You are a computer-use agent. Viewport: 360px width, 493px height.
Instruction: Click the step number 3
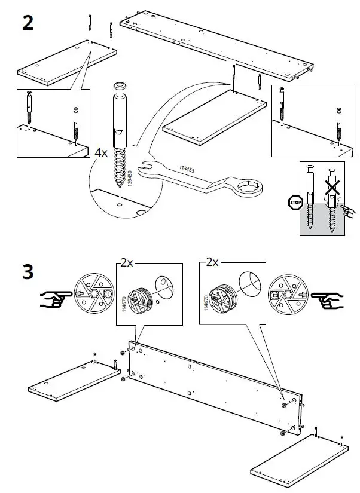coord(28,272)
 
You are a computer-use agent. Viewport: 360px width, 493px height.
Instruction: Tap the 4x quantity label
coord(100,152)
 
